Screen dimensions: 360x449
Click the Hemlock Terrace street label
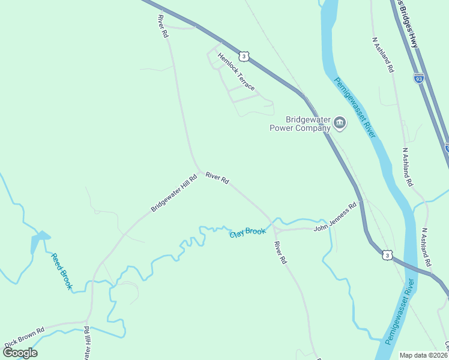tap(236, 71)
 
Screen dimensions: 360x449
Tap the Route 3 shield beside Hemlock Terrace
tap(243, 56)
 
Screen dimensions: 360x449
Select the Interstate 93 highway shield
tap(418, 78)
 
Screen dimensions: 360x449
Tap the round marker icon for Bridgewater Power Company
tap(340, 124)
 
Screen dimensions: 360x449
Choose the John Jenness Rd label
tap(335, 217)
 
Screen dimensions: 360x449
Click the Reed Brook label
tap(61, 271)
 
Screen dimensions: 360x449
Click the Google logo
tap(20, 352)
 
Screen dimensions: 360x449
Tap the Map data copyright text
tap(423, 355)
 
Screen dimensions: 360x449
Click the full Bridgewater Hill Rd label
tap(174, 193)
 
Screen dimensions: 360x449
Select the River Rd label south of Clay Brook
tap(279, 253)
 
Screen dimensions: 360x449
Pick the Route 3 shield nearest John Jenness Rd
tap(388, 256)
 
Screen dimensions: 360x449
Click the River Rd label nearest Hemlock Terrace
tap(161, 27)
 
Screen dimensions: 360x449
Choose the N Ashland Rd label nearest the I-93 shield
tap(383, 55)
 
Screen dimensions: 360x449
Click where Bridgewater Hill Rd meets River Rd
tap(200, 172)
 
